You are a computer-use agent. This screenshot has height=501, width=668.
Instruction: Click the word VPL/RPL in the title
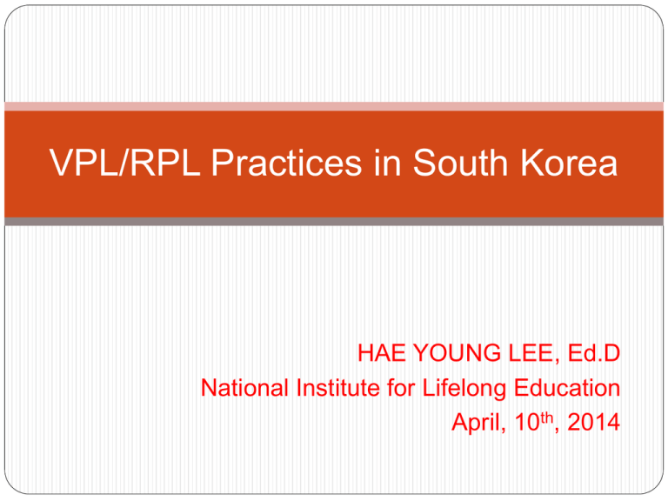(125, 163)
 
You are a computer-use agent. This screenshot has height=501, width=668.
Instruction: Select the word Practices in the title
(287, 163)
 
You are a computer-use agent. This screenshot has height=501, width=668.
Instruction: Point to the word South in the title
(460, 163)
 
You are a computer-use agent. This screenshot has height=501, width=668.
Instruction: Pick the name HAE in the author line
(381, 353)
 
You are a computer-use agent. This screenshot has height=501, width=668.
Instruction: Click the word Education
(567, 388)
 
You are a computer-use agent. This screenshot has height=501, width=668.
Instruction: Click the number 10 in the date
(527, 422)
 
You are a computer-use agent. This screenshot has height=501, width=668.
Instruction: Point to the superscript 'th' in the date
(547, 417)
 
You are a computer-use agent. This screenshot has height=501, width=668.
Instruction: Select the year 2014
(593, 422)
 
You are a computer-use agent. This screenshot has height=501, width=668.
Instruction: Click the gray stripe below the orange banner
(334, 222)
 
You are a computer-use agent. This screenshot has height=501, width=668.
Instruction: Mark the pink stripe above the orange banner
(334, 106)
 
